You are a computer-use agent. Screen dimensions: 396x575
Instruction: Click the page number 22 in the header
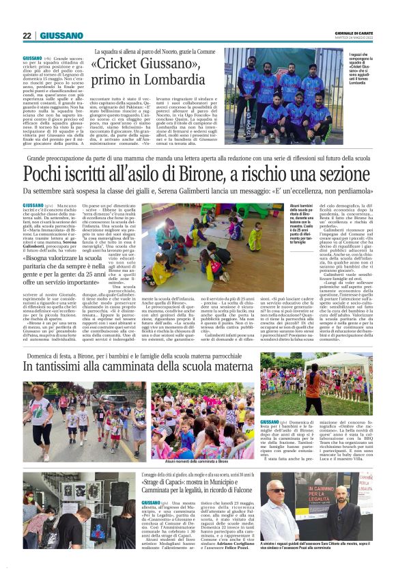coord(27,36)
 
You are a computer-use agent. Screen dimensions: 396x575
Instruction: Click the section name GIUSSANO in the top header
coord(61,36)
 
